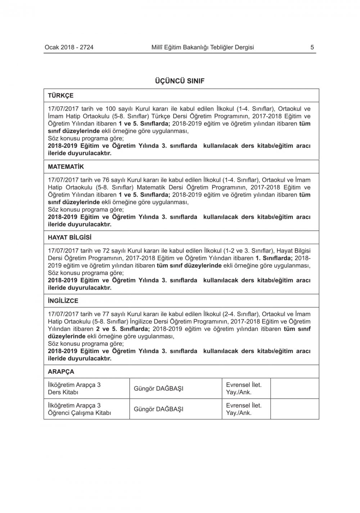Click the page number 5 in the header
point(312,47)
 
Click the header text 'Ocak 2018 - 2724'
point(69,47)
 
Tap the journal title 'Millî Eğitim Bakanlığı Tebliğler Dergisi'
point(203,47)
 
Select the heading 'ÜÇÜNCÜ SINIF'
point(179,81)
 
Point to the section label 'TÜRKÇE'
point(60,95)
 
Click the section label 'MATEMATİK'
point(66,167)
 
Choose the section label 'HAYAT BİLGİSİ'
point(70,237)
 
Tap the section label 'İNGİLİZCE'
point(63,301)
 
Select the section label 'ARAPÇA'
point(61,371)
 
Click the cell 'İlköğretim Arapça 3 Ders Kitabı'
point(74,388)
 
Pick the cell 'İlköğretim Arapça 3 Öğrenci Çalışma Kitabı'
point(79,409)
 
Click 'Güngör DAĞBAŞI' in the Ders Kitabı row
point(158,389)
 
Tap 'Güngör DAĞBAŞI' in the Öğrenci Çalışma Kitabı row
point(158,409)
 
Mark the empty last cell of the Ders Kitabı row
point(294,388)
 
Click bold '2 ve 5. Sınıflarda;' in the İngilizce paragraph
point(123,329)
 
